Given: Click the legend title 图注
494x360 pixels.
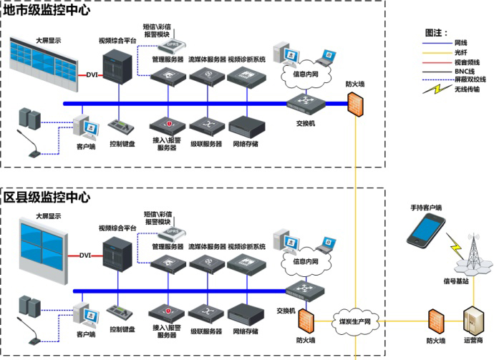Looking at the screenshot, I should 436,32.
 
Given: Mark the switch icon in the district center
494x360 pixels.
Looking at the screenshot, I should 305,291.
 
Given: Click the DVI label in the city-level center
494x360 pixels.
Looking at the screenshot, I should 91,74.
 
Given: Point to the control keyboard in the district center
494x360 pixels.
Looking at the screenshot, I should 121,313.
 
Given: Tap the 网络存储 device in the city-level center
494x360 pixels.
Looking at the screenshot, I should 246,125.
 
